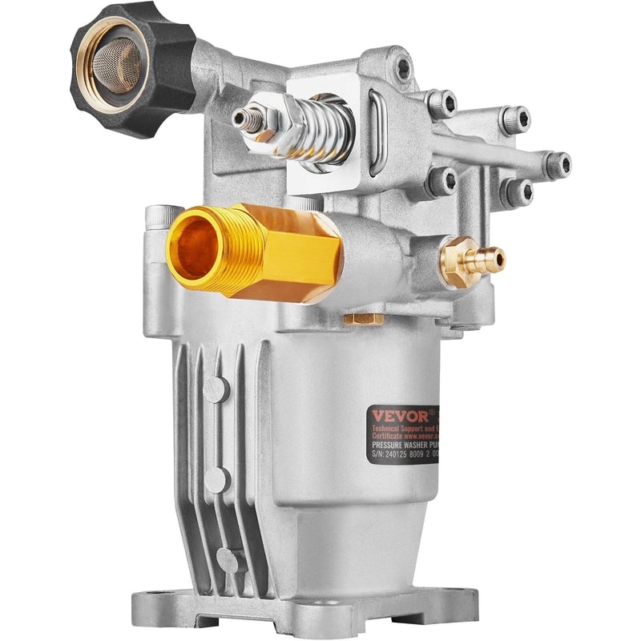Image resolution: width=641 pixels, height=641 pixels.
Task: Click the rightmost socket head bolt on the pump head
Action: pyautogui.click(x=557, y=164)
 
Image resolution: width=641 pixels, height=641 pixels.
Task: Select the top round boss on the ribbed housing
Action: pyautogui.click(x=215, y=389)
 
